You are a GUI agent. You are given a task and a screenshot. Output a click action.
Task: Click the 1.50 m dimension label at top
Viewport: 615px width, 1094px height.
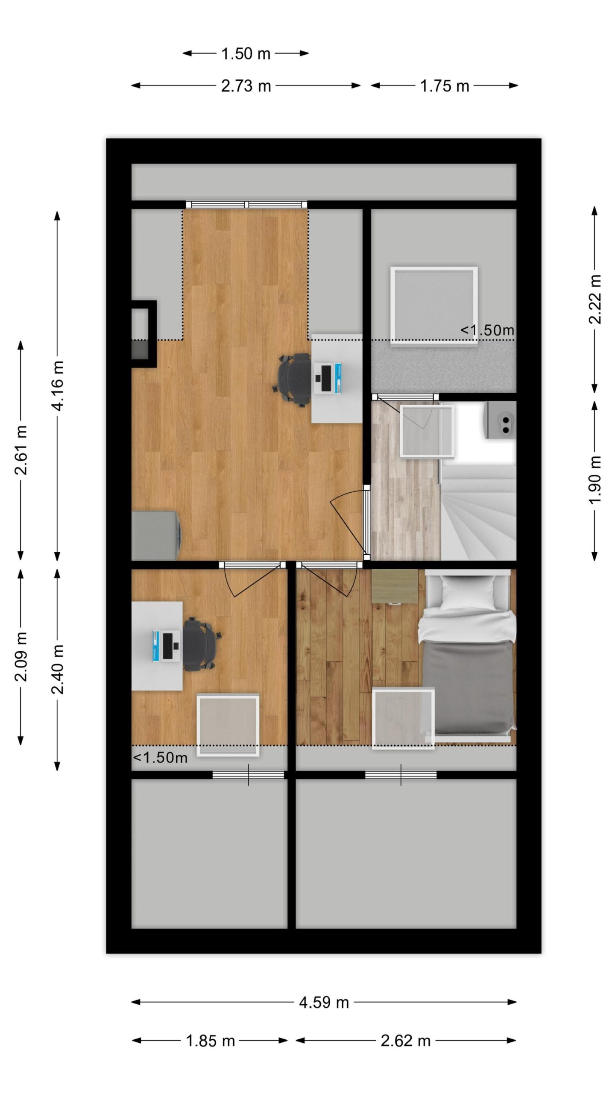pyautogui.click(x=246, y=54)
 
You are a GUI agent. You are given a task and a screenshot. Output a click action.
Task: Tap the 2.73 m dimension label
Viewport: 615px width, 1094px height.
pyautogui.click(x=246, y=86)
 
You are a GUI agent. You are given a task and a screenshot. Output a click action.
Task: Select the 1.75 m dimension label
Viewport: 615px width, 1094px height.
pyautogui.click(x=445, y=86)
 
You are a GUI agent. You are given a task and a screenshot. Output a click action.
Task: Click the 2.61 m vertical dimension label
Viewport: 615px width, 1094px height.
pyautogui.click(x=21, y=450)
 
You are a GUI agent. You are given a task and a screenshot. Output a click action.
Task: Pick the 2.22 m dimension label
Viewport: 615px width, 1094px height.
pyautogui.click(x=595, y=299)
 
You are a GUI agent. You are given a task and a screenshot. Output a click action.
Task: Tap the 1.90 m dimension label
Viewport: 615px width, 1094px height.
pyautogui.click(x=595, y=480)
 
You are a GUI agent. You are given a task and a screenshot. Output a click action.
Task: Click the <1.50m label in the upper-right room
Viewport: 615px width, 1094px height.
pyautogui.click(x=487, y=330)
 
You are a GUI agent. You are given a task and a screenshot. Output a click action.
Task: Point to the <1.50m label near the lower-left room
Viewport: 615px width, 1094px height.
pyautogui.click(x=160, y=758)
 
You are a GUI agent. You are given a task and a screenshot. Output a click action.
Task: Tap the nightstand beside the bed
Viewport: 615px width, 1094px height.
pyautogui.click(x=394, y=586)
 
